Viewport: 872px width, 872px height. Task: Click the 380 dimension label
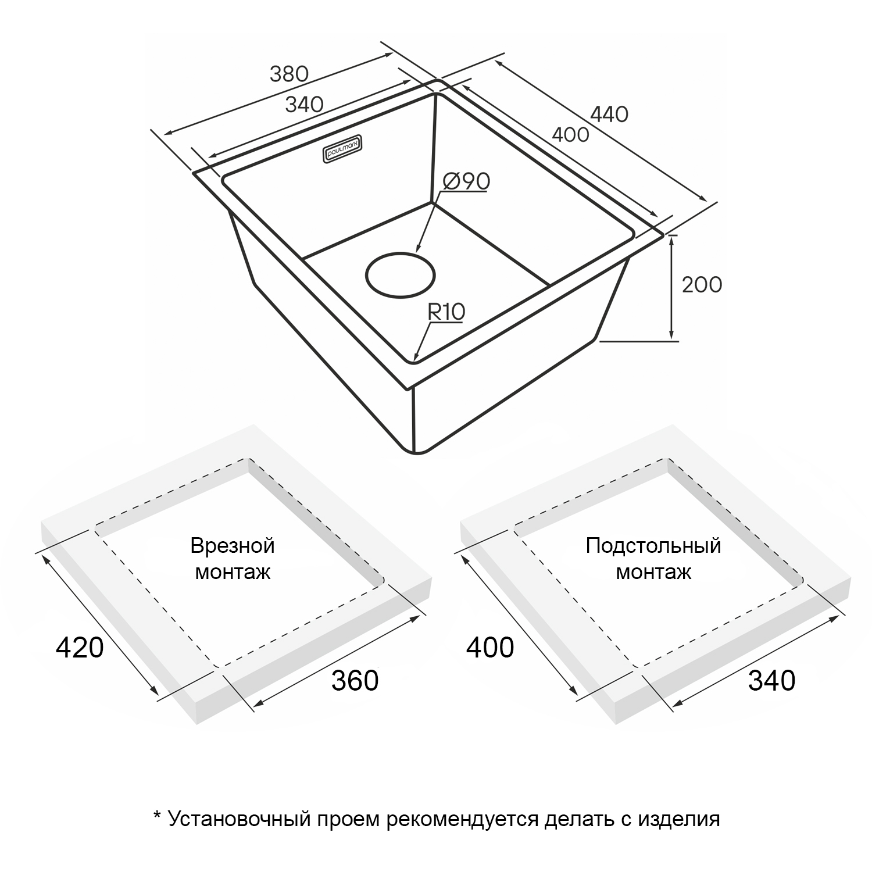288,74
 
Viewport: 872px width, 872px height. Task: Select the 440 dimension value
609,114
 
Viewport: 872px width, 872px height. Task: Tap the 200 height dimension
702,284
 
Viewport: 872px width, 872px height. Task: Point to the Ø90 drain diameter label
466,181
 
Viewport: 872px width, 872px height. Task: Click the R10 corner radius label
446,312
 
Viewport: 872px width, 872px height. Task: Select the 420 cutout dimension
80,647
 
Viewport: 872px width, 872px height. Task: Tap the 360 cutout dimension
355,680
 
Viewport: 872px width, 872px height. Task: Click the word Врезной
233,546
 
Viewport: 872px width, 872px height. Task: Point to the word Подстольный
653,546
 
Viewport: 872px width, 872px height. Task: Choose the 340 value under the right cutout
771,680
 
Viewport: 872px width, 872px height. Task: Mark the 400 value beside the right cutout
490,647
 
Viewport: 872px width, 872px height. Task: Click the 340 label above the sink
305,105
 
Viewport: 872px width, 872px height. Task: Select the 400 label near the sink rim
570,135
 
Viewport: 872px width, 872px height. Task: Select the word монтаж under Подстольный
653,573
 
